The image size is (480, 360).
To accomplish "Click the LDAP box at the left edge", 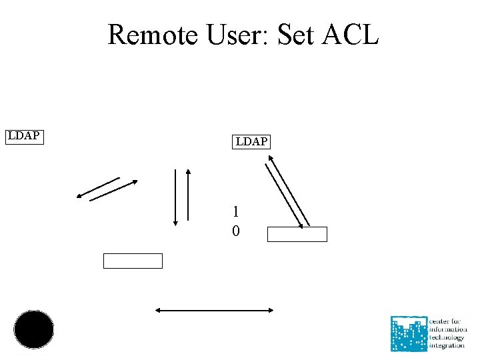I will point(24,137).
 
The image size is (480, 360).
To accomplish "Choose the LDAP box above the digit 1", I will point(251,141).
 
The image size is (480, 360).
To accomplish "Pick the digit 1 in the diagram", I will point(236,212).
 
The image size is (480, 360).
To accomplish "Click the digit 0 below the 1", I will point(236,231).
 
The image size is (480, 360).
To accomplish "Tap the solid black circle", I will point(34,329).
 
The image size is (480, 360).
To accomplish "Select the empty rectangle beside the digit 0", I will point(297,234).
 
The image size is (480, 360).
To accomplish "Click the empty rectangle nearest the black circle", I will point(133,261).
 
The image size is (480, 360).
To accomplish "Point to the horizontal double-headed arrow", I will point(215,309).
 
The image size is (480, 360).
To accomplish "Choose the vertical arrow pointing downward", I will point(175,197).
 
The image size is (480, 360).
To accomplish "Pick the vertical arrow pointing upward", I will point(189,195).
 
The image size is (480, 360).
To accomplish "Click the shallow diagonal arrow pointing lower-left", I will point(98,187).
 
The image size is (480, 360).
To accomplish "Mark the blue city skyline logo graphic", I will point(409,333).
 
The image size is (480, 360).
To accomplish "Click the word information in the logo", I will point(448,329).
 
